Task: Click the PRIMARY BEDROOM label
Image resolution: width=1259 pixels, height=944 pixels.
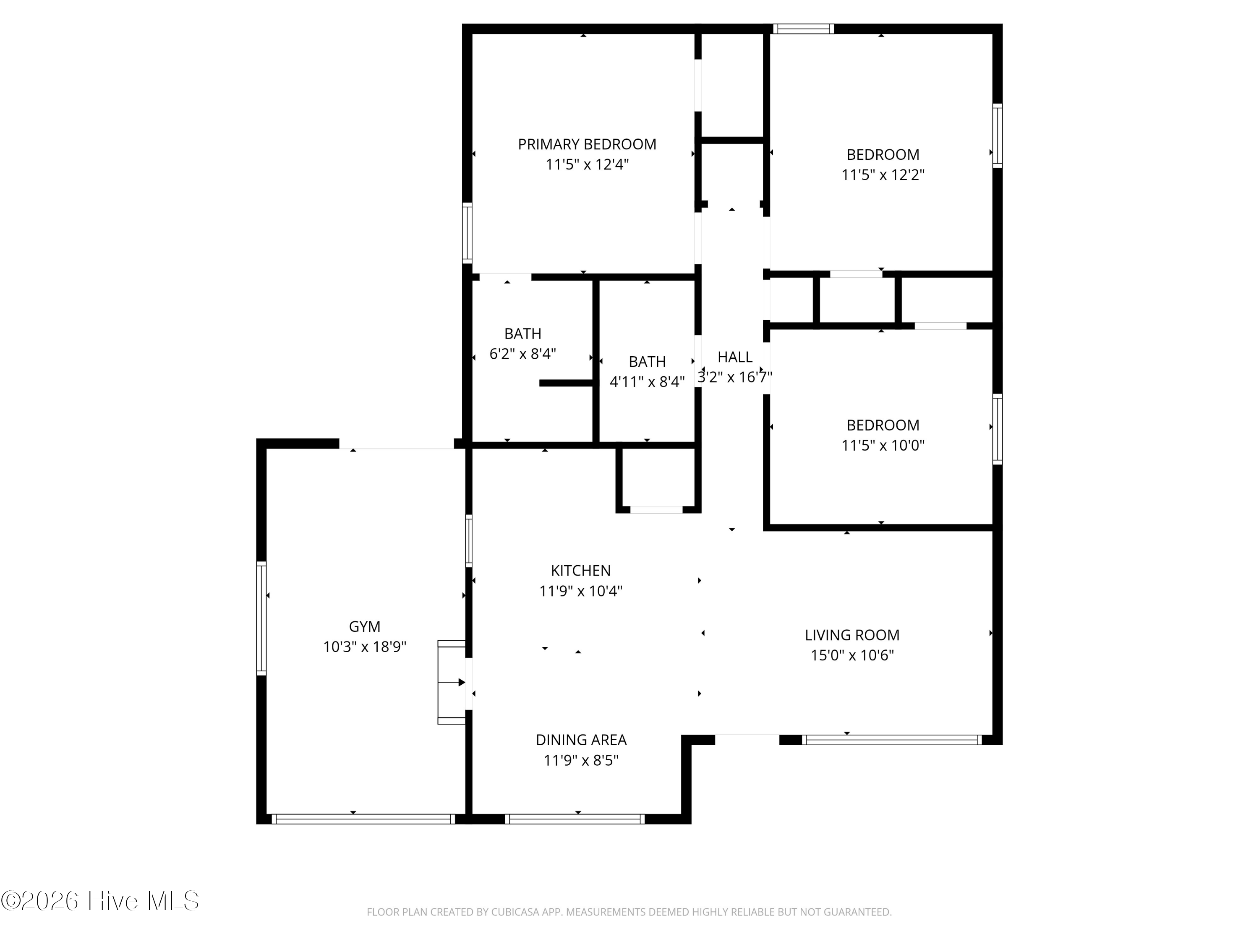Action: click(x=587, y=144)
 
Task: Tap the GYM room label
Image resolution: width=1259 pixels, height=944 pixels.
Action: click(x=364, y=626)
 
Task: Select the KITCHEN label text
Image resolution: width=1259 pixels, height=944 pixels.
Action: click(x=580, y=571)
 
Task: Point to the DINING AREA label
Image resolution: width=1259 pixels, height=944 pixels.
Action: click(x=581, y=740)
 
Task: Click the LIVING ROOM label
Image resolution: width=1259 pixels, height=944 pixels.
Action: click(x=852, y=635)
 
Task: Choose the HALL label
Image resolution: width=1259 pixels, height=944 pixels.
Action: click(x=735, y=357)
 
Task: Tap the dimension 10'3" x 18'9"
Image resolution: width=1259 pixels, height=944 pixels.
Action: click(x=365, y=647)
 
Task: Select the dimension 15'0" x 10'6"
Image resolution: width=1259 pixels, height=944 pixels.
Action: click(x=852, y=655)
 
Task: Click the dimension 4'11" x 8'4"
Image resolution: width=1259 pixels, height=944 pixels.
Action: click(x=647, y=382)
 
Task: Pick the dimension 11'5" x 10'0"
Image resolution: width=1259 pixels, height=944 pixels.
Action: click(x=883, y=445)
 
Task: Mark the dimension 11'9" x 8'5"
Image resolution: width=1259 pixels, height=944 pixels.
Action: click(x=581, y=760)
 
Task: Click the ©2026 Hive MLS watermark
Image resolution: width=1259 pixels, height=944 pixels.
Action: click(x=100, y=901)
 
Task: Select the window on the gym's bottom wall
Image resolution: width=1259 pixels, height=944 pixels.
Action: click(x=363, y=819)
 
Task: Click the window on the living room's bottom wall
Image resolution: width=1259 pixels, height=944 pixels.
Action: click(x=892, y=740)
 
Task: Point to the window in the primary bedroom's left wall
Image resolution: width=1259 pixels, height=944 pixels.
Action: click(x=467, y=233)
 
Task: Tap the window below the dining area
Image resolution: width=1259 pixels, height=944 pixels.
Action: click(x=575, y=819)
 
